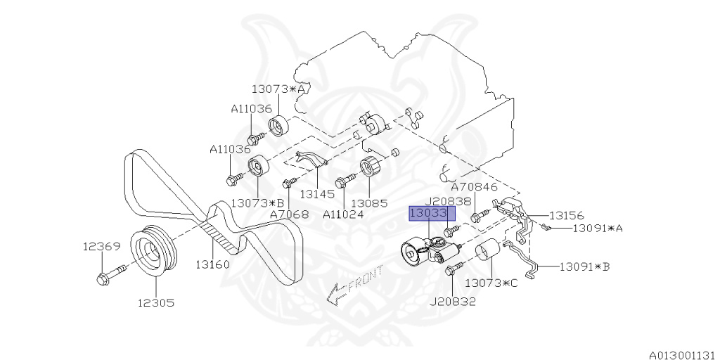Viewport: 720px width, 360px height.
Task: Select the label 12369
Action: point(102,246)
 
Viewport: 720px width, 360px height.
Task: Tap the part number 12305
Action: point(155,303)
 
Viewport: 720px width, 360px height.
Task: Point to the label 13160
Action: point(213,264)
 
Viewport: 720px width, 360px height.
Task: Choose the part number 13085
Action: point(369,203)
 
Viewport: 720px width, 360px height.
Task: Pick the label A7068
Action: point(288,214)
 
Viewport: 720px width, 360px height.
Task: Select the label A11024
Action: point(343,214)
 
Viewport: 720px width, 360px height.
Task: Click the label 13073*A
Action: point(279,89)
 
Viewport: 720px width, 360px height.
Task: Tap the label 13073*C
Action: point(491,283)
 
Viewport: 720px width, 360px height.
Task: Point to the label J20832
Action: point(453,302)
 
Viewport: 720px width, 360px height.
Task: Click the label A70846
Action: point(474,187)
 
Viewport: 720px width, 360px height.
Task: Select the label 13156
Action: point(566,215)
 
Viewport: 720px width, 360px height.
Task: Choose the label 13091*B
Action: point(584,266)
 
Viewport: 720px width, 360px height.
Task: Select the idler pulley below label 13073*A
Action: point(278,126)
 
